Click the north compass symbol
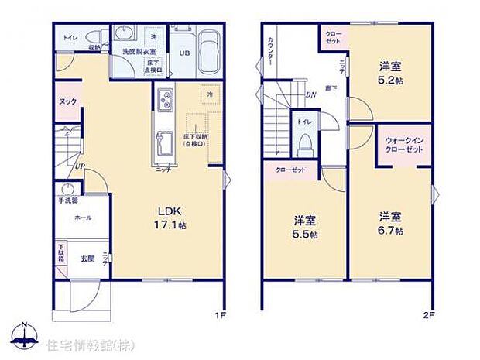tap(26, 335)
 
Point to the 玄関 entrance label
tap(87, 259)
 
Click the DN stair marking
tap(310, 95)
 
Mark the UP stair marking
tap(80, 166)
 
